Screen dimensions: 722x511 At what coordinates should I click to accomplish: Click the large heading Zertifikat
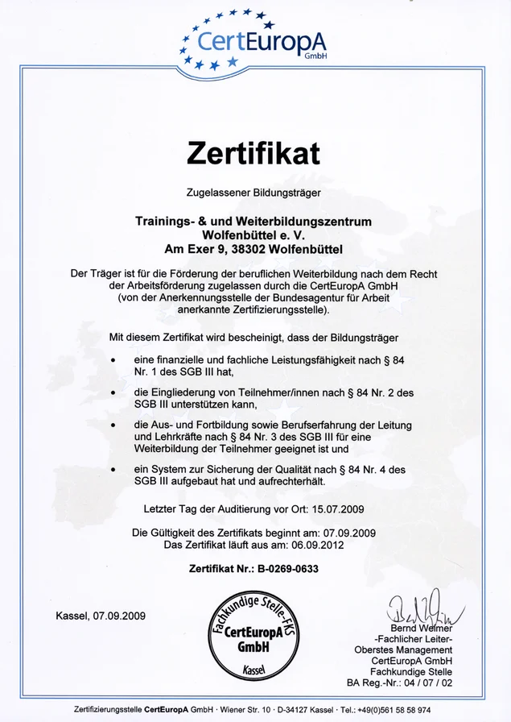tap(253, 151)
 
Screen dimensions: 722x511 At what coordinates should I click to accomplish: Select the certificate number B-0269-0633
tap(288, 568)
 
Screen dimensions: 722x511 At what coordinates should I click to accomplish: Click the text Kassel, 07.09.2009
tap(101, 616)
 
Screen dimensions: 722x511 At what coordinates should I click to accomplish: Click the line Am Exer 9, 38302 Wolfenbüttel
tap(253, 248)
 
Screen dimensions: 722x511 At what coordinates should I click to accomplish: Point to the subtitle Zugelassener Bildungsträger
tap(253, 193)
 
